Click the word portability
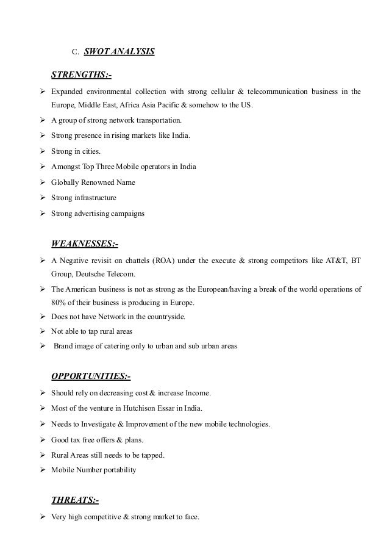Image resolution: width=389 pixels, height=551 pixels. click(x=121, y=469)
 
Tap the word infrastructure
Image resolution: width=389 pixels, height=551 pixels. click(x=94, y=198)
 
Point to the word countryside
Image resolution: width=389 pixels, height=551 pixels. click(x=161, y=317)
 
